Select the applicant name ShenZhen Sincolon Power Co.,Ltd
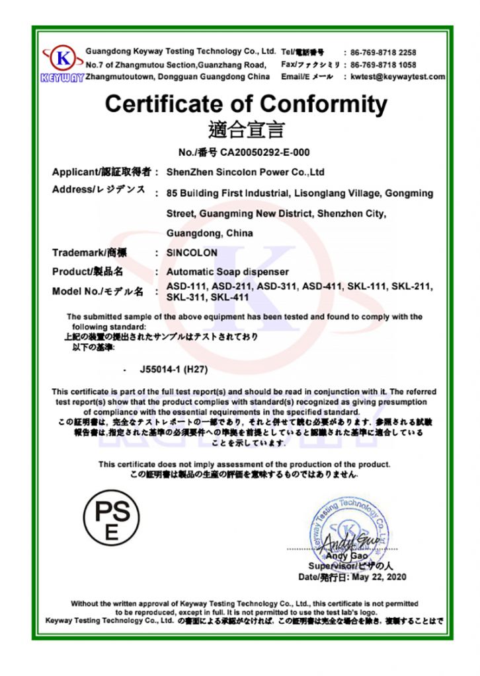(245, 172)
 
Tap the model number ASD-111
(186, 286)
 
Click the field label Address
(73, 191)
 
